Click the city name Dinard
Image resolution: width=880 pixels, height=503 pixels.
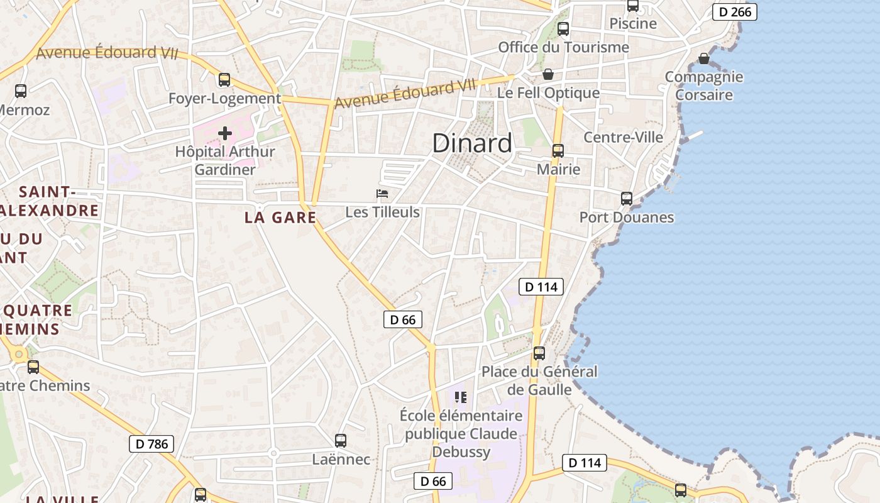point(472,144)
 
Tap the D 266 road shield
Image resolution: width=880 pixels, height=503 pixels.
point(734,11)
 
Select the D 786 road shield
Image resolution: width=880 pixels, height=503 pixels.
point(151,444)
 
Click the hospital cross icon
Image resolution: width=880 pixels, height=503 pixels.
point(225,133)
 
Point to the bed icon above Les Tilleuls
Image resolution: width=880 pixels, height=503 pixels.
point(382,194)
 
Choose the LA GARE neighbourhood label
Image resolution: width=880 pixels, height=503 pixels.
point(280,218)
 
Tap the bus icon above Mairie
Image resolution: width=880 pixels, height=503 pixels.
point(558,151)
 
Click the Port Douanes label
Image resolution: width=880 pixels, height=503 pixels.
point(626,218)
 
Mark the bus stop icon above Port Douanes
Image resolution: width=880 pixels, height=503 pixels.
point(626,199)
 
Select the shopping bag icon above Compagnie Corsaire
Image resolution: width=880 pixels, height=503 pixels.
point(704,58)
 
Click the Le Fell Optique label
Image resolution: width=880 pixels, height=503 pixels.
point(548,93)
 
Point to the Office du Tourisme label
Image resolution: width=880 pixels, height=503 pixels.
point(563,47)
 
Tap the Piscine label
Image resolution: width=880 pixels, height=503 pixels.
point(633,24)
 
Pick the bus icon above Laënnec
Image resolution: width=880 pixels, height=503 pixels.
point(341,441)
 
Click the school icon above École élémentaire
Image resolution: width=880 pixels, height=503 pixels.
point(461,397)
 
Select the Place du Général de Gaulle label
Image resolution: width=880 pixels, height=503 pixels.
point(539,380)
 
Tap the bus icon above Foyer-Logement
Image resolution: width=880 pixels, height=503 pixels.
point(224,80)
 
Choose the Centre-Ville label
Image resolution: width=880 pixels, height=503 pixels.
point(623,137)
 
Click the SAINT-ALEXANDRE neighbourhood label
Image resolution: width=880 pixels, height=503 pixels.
point(50,201)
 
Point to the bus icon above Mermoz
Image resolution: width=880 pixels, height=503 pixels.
point(21,91)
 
